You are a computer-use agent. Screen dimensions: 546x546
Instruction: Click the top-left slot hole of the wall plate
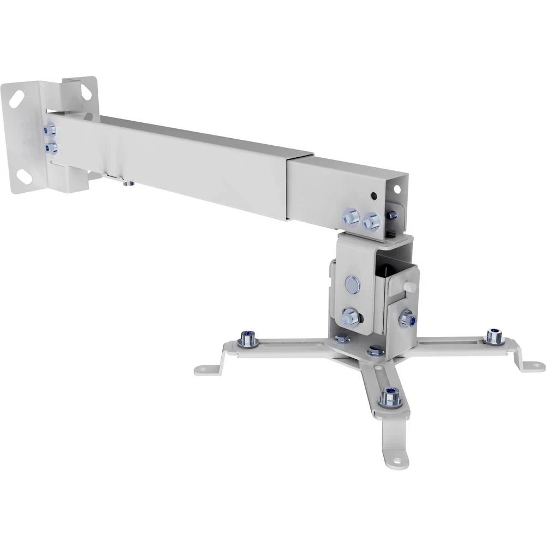pos(16,98)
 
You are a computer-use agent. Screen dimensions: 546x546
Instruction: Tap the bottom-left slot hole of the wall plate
pos(23,176)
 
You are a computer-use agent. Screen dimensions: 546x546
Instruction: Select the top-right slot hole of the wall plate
pos(86,90)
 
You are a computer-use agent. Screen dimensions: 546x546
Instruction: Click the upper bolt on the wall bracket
pos(50,130)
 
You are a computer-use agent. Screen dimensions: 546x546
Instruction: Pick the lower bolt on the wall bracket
pos(52,146)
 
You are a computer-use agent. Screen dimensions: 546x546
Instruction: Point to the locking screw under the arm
pos(127,183)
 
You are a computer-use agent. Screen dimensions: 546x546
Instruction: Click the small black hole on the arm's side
pos(373,195)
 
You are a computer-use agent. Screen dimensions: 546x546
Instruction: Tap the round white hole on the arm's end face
pos(397,189)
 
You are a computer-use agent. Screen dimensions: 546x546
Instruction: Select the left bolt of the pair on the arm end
pos(351,217)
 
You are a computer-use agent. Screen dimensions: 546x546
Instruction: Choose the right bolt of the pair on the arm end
pos(372,221)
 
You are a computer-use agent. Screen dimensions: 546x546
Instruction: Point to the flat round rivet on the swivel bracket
pos(352,283)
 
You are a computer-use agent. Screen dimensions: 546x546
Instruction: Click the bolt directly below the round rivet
pos(350,317)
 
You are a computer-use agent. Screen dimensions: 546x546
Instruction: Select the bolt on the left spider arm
pos(249,339)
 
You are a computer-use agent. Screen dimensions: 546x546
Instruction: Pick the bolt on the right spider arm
pos(494,336)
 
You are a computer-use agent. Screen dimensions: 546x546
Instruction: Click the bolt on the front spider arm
pos(390,397)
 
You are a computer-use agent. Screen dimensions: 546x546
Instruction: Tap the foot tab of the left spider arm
pos(205,370)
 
